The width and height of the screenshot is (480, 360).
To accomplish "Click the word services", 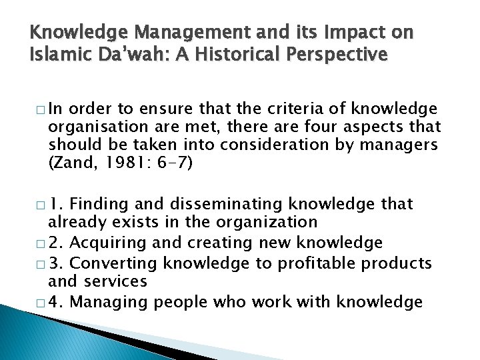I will (x=111, y=281).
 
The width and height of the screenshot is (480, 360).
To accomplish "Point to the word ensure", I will (x=148, y=109).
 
